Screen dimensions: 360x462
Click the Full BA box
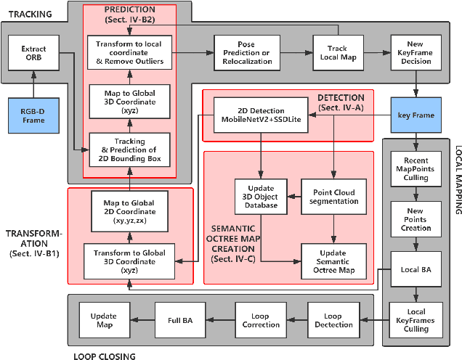pos(179,320)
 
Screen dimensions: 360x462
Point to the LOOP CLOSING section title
pos(105,354)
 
